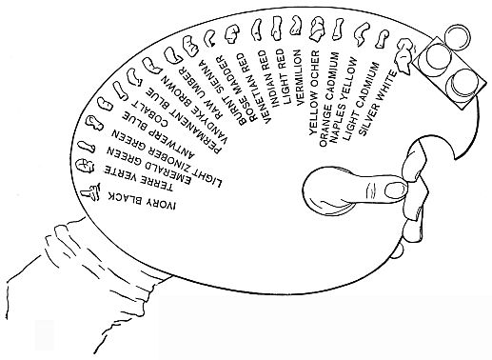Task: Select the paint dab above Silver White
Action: click(x=403, y=61)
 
